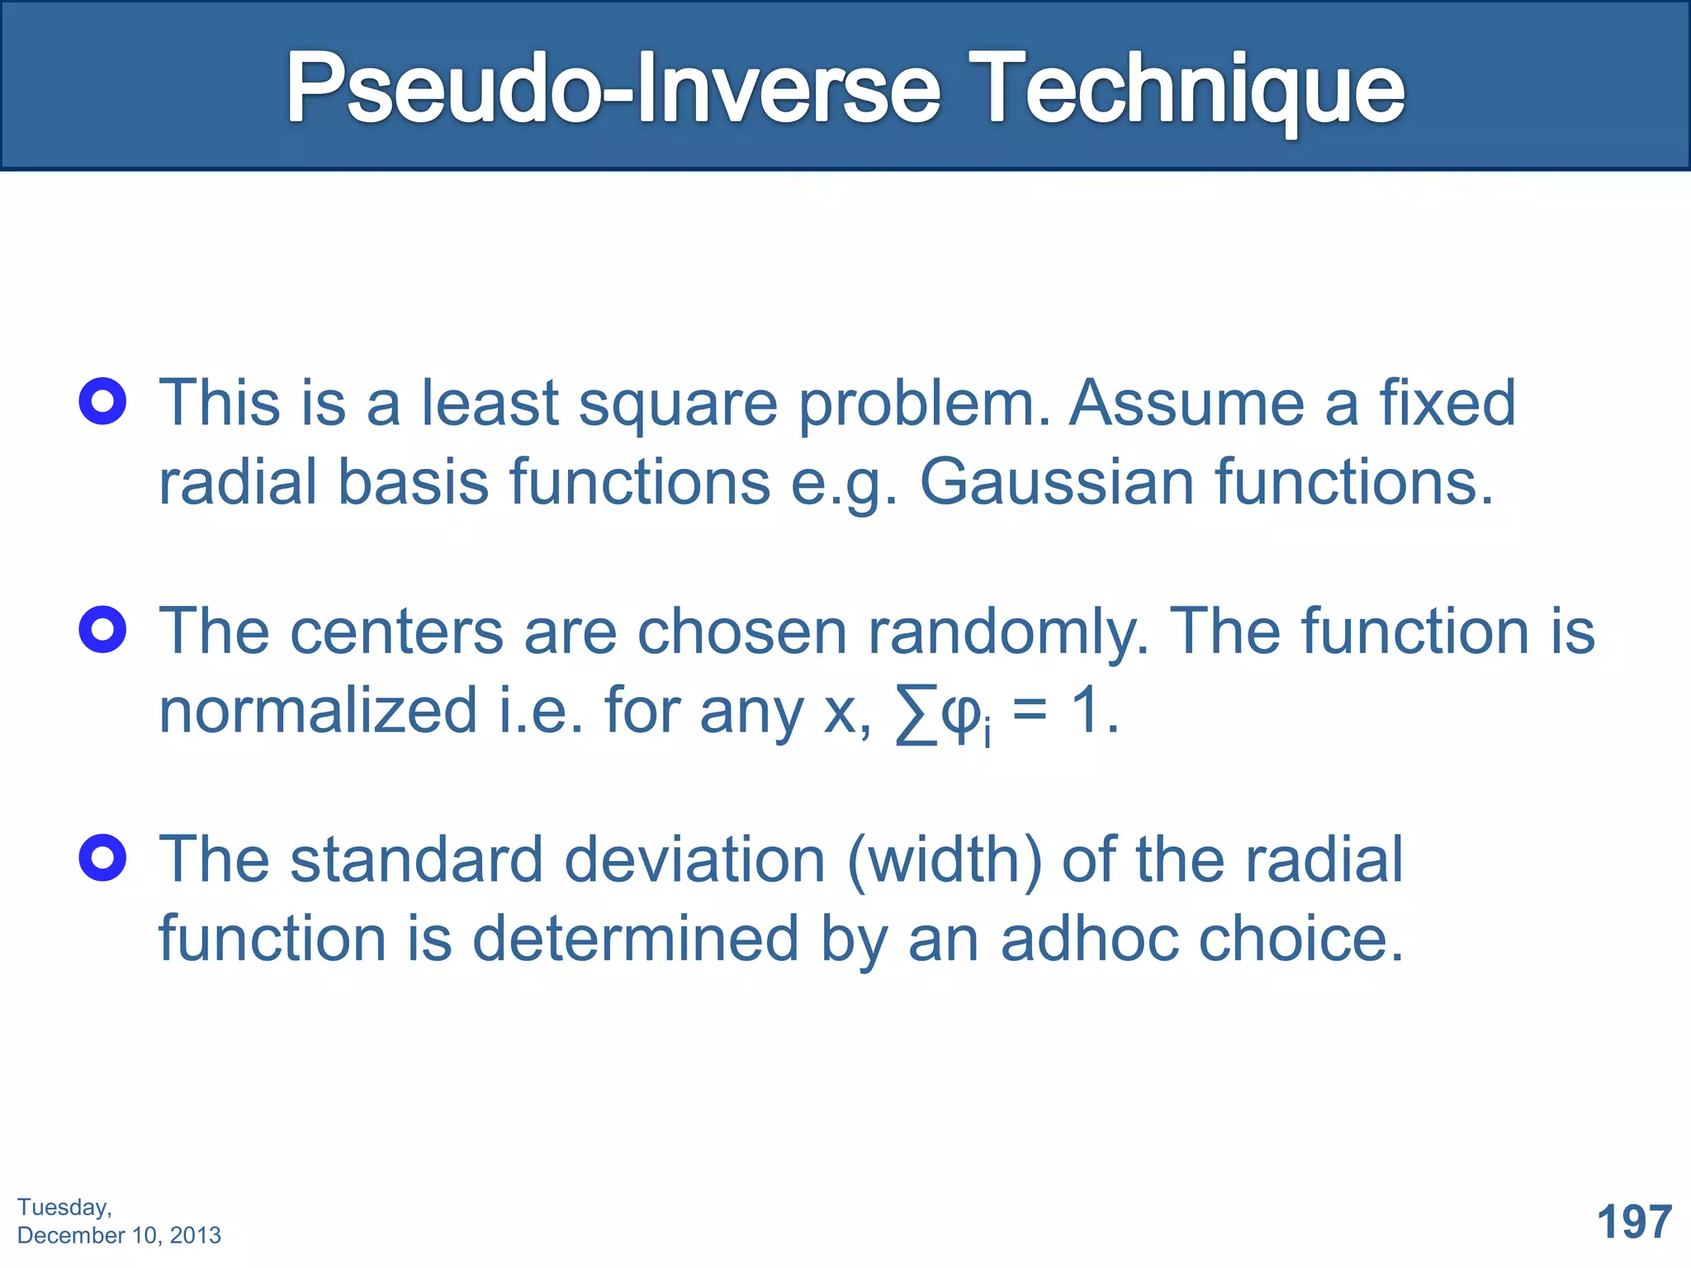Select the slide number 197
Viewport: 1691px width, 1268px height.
[1634, 1222]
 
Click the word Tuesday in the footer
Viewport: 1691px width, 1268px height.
[64, 1207]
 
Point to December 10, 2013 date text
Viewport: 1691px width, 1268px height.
[119, 1235]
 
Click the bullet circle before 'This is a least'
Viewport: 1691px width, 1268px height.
[102, 401]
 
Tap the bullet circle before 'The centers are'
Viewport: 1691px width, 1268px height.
[102, 630]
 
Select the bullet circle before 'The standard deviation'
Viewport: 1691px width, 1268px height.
[102, 858]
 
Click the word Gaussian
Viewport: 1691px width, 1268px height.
[1056, 482]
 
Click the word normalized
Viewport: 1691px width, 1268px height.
[318, 711]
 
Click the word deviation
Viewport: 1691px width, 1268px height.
[694, 859]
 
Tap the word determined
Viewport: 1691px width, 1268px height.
[635, 939]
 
